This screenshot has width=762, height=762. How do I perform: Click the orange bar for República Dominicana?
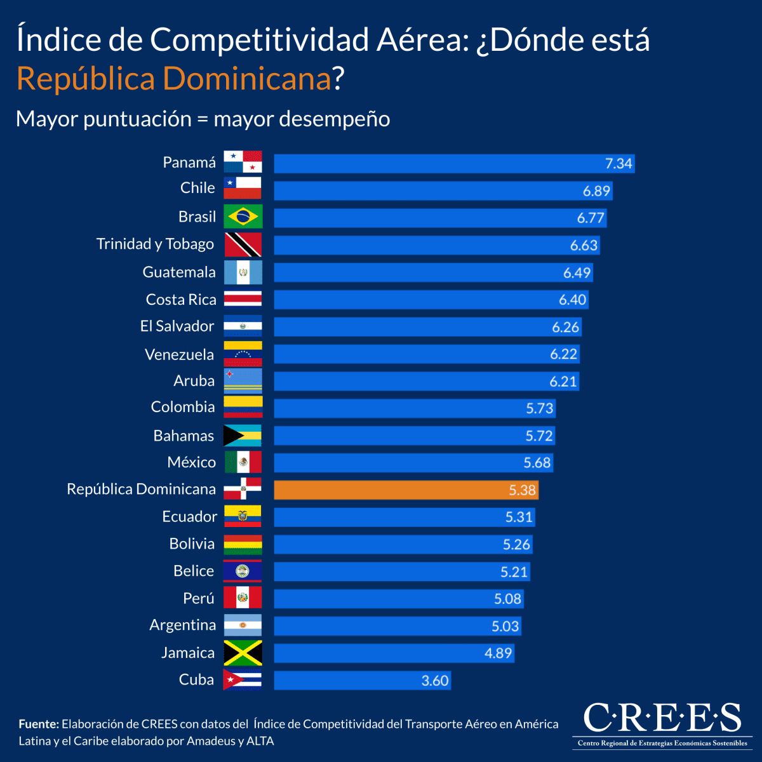[x=406, y=490]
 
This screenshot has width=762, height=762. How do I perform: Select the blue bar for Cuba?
[x=362, y=680]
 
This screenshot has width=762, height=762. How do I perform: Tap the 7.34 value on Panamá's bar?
[x=618, y=163]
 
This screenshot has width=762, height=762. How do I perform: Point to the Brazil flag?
[x=243, y=217]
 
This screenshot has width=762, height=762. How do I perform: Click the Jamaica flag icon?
[x=243, y=653]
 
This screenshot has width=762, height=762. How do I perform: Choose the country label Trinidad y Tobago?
[x=155, y=244]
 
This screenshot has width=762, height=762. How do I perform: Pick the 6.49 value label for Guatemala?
[x=577, y=272]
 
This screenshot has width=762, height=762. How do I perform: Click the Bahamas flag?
[x=243, y=436]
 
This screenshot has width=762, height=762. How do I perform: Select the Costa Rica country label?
[x=181, y=300]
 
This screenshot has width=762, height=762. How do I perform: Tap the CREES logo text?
[x=662, y=718]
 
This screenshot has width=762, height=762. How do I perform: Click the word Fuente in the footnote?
[x=38, y=724]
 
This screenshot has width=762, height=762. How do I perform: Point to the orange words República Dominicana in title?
[x=173, y=79]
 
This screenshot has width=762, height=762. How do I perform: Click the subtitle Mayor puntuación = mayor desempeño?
[x=203, y=119]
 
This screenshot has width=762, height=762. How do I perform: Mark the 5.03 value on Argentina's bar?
[x=505, y=626]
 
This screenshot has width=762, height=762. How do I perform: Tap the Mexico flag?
[x=243, y=462]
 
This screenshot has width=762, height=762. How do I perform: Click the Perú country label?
[x=199, y=598]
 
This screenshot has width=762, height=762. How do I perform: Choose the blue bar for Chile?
[x=443, y=190]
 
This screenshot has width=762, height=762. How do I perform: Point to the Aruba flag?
[x=243, y=381]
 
